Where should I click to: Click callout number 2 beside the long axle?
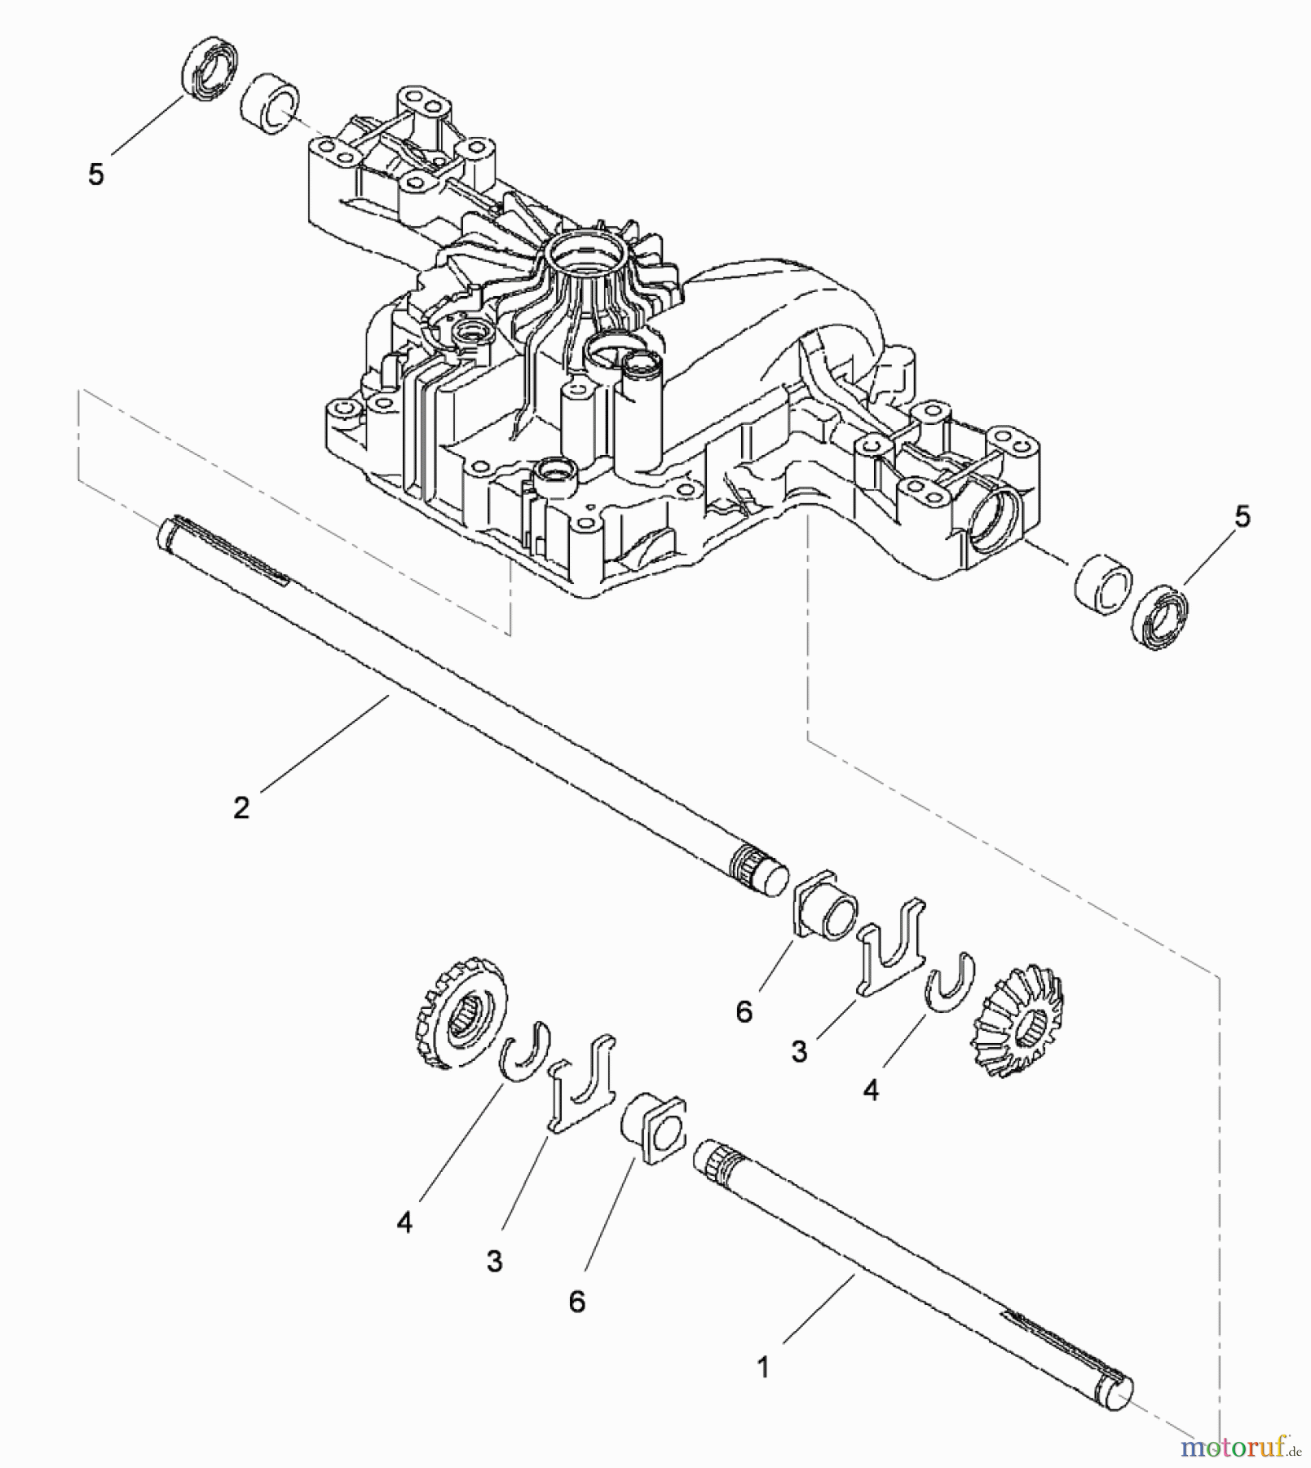coord(241,807)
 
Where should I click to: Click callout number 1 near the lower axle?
coord(763,1367)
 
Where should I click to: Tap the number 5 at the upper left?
coord(96,174)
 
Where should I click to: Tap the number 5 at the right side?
coord(1242,516)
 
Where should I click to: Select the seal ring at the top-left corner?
coord(210,68)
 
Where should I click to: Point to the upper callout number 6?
coord(744,1011)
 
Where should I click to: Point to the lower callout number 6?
coord(576,1301)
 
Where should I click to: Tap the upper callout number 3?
coord(799,1050)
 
